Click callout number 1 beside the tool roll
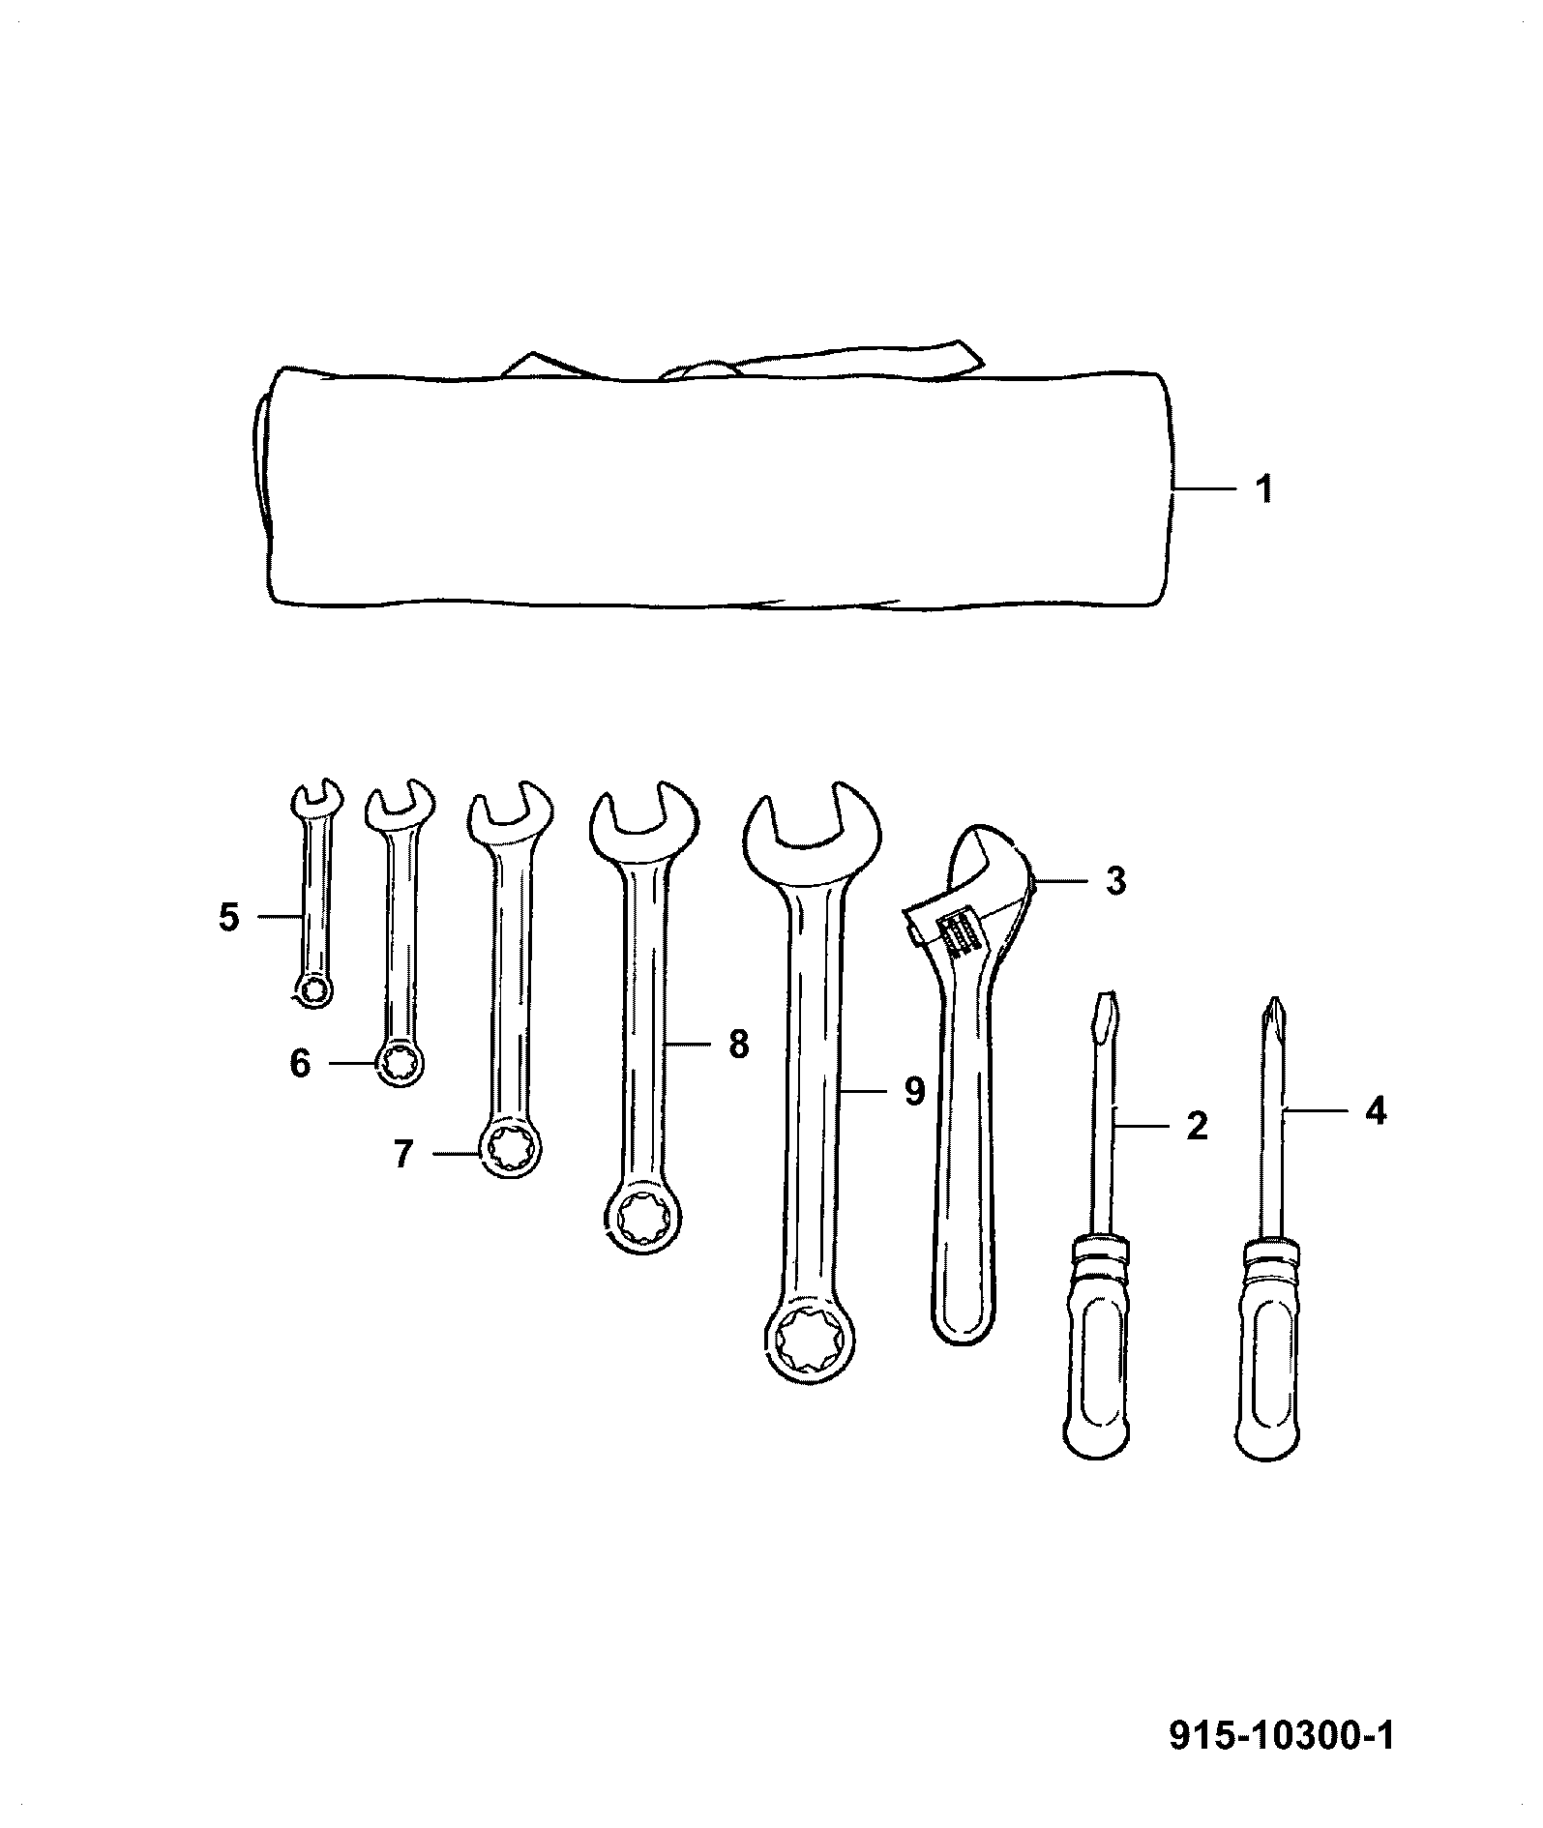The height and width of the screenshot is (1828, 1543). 1262,488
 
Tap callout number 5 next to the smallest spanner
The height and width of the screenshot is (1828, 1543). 228,916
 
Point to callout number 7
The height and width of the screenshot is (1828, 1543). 403,1153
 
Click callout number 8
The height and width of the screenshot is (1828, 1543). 738,1044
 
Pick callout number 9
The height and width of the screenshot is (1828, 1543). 914,1091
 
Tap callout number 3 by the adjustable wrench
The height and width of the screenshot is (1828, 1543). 1115,881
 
